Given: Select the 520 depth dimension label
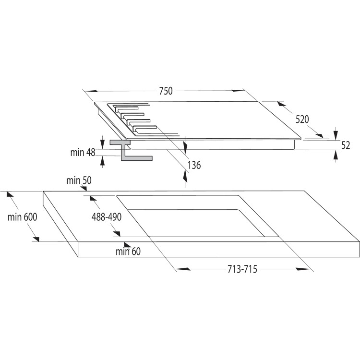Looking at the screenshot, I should [302, 120].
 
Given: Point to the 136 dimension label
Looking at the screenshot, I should [194, 165].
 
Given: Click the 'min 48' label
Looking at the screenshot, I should [83, 153].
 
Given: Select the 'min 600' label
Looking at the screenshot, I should [22, 216].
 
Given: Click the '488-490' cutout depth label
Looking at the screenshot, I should [107, 216].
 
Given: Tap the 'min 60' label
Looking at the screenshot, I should [128, 251].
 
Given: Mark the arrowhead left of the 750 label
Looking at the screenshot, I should [91, 91].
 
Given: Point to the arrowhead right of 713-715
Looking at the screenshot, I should [303, 269].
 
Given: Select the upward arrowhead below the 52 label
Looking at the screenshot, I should [336, 156].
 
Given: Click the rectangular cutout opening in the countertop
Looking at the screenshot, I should [197, 216].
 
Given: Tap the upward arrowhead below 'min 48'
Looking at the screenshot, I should [103, 161].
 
